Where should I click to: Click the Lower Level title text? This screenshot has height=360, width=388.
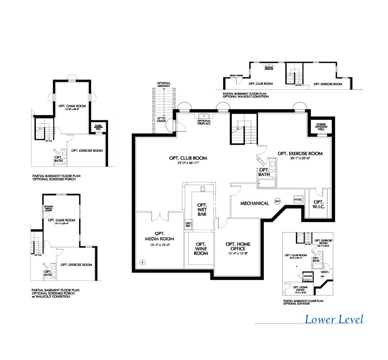(x=334, y=319)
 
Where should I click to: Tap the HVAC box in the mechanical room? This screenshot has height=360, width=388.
(x=298, y=200)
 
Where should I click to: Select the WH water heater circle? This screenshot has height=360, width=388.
(x=278, y=201)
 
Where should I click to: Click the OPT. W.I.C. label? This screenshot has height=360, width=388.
(x=319, y=205)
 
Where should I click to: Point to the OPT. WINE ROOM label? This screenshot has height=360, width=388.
(x=201, y=249)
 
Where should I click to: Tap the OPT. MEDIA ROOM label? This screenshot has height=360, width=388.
(x=160, y=236)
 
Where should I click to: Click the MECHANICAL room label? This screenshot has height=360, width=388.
(x=255, y=203)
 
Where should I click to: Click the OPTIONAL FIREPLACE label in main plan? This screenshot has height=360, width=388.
(x=204, y=122)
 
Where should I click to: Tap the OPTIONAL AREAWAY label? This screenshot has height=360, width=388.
(x=163, y=85)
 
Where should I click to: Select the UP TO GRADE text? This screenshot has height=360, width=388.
(x=162, y=119)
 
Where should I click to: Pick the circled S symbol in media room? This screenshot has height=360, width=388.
(x=143, y=262)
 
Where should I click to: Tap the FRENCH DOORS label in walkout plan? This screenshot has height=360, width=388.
(x=236, y=76)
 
